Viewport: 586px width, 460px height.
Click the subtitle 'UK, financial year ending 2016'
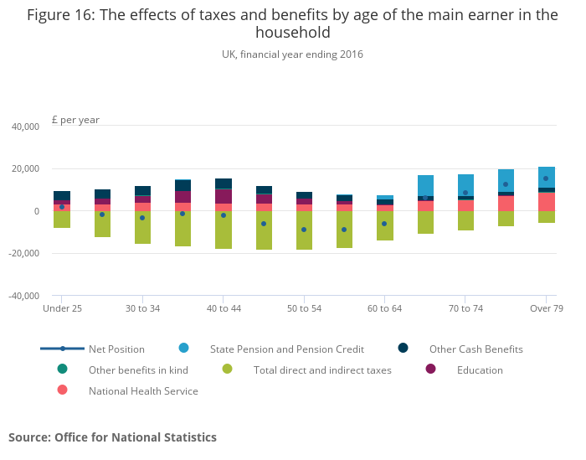point(292,54)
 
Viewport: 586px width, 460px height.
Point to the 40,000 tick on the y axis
point(24,127)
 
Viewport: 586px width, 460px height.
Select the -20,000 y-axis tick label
point(23,253)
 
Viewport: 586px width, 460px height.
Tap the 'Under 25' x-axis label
point(62,308)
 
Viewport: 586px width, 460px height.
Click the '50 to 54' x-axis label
point(304,308)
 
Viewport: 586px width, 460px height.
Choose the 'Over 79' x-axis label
point(547,308)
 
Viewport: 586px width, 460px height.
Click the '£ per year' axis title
point(75,120)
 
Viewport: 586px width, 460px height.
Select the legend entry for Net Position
point(116,349)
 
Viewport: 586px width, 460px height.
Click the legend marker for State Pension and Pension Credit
point(183,348)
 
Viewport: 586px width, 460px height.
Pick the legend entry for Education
point(480,370)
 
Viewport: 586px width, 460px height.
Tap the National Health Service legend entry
point(143,390)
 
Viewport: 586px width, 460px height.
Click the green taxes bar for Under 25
point(62,220)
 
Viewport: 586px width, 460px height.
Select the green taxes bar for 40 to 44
point(224,230)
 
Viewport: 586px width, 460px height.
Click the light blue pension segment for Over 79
point(547,177)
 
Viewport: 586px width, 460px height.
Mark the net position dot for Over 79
point(546,178)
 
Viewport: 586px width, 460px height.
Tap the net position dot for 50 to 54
point(304,230)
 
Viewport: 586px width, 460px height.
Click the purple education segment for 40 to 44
point(224,196)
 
